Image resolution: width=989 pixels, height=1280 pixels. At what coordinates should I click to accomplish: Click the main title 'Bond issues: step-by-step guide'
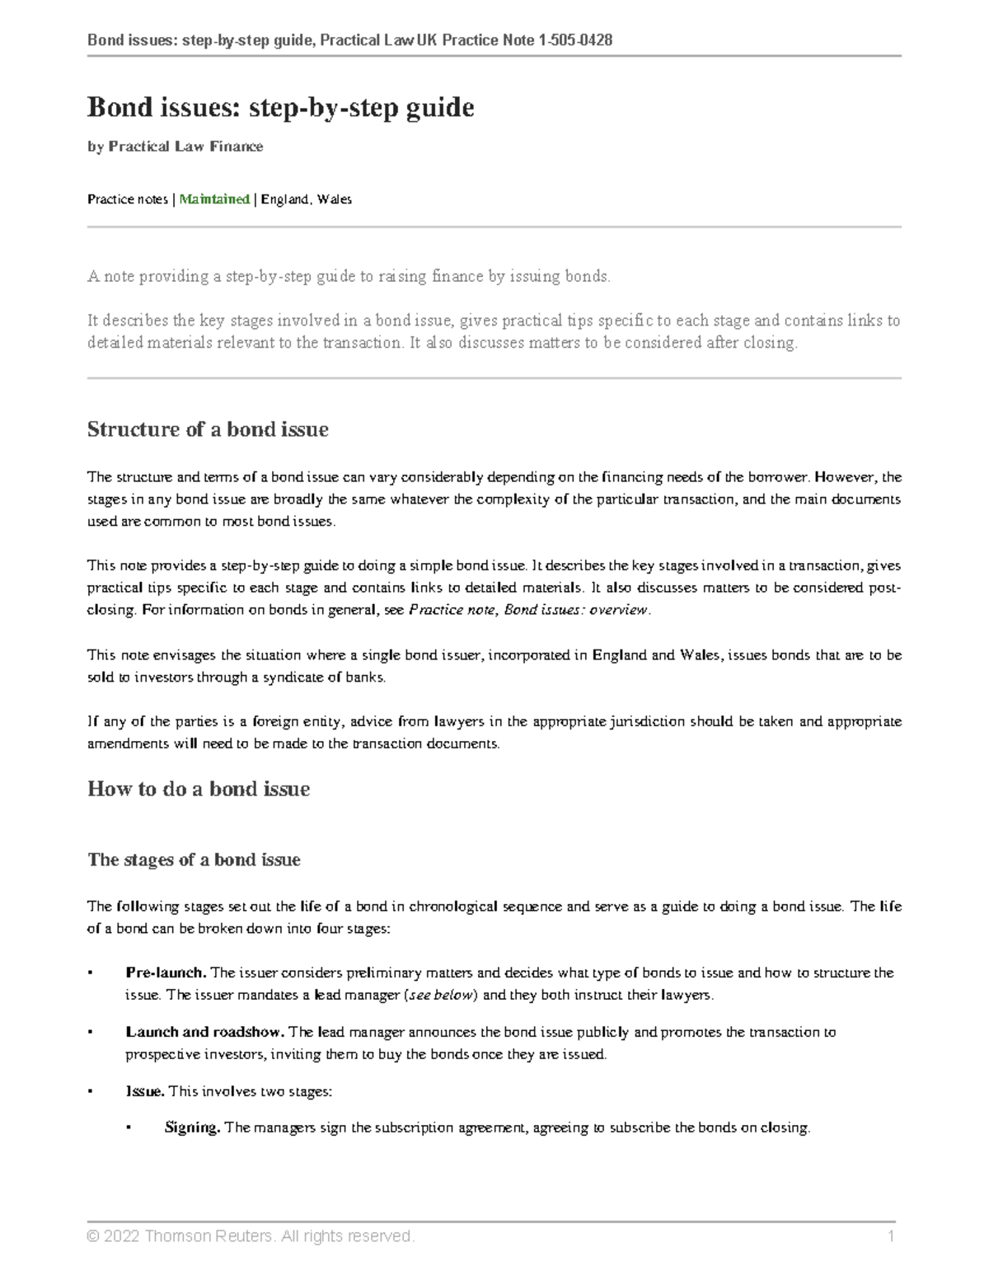coord(280,107)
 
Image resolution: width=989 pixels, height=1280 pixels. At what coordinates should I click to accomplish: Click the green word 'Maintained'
coord(214,199)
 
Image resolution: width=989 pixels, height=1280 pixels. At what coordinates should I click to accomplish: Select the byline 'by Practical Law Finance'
coord(175,147)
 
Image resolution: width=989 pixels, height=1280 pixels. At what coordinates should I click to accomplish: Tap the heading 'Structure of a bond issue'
coord(208,429)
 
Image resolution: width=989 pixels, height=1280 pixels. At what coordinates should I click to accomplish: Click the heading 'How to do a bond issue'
coord(199,789)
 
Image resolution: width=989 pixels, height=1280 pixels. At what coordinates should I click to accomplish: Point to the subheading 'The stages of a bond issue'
coord(194,860)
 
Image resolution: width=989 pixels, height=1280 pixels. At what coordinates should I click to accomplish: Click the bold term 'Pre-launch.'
coord(166,973)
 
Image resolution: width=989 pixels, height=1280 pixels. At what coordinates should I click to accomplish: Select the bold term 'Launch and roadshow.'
coord(205,1032)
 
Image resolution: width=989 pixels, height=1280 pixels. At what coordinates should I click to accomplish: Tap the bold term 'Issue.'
coord(145,1091)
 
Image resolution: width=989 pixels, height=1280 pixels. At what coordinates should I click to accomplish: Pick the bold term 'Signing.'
coord(192,1128)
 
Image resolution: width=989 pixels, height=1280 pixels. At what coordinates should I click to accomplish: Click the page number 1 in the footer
coord(890,1236)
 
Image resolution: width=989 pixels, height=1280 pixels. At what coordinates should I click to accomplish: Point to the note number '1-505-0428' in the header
coord(574,40)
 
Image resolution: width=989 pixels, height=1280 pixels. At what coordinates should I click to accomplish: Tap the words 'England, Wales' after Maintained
coord(307,199)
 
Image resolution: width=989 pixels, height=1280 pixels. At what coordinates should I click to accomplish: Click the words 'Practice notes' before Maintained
coord(127,199)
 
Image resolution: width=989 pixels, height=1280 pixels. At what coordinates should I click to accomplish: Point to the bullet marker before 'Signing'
coord(129,1128)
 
